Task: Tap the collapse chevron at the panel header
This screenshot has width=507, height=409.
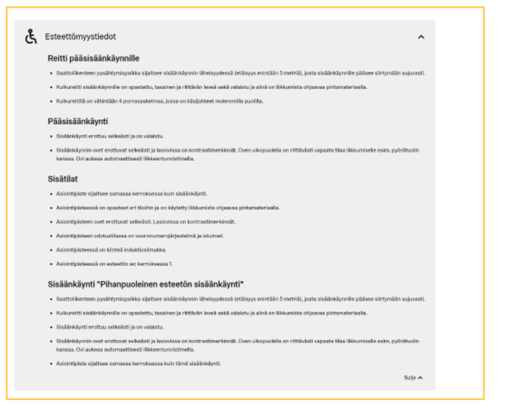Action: [x=421, y=37]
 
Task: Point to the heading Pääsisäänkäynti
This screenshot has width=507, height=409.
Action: [x=77, y=122]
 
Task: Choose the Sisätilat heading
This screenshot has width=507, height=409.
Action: [x=62, y=179]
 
